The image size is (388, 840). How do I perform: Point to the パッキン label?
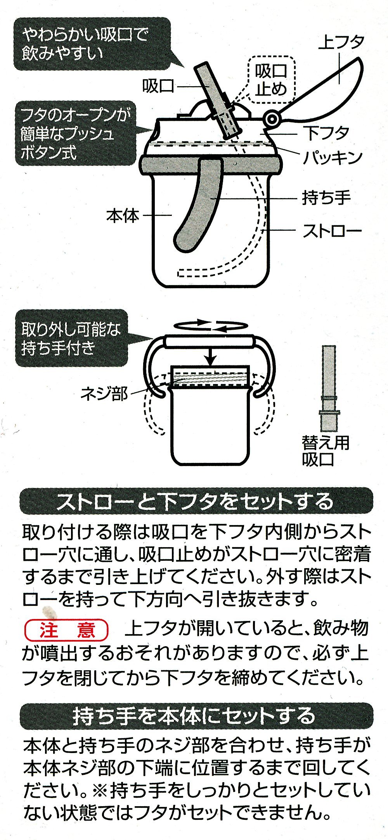coord(332,157)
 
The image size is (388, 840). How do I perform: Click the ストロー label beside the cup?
coord(332,231)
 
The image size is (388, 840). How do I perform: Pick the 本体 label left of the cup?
coord(123,215)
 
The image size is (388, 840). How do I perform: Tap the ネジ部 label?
coord(104,394)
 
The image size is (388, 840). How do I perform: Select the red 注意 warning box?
coord(66,630)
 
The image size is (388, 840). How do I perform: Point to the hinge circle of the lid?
coord(272,119)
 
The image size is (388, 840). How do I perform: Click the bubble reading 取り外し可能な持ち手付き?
coord(78,338)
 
